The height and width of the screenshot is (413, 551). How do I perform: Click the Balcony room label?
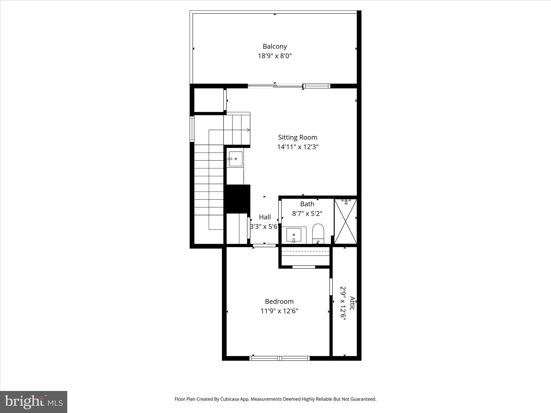(x=275, y=46)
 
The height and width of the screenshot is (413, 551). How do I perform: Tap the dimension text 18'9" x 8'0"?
(x=275, y=56)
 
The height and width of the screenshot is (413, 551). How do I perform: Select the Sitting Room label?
(x=298, y=137)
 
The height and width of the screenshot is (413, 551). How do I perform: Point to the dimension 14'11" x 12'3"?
(x=298, y=147)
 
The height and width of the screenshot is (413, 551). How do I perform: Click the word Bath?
(x=307, y=204)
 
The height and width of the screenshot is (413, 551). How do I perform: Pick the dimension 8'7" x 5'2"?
(x=307, y=213)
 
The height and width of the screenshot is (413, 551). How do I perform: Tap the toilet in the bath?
(x=318, y=233)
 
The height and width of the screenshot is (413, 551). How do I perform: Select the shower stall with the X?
(x=345, y=221)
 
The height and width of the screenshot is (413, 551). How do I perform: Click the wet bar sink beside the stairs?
(x=235, y=159)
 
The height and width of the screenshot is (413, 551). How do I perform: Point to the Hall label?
(x=265, y=217)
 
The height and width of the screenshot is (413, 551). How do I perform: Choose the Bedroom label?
(x=279, y=301)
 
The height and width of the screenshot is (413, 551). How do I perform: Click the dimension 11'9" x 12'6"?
(x=279, y=311)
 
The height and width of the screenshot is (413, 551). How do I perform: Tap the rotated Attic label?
(x=352, y=303)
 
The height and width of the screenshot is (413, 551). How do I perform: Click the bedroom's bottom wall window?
(x=280, y=358)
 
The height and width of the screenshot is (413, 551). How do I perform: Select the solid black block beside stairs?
(x=237, y=199)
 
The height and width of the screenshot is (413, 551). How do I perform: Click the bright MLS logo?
(x=34, y=402)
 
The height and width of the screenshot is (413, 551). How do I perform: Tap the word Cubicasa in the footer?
(x=230, y=399)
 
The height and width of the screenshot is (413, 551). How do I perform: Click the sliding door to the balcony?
(x=275, y=86)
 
